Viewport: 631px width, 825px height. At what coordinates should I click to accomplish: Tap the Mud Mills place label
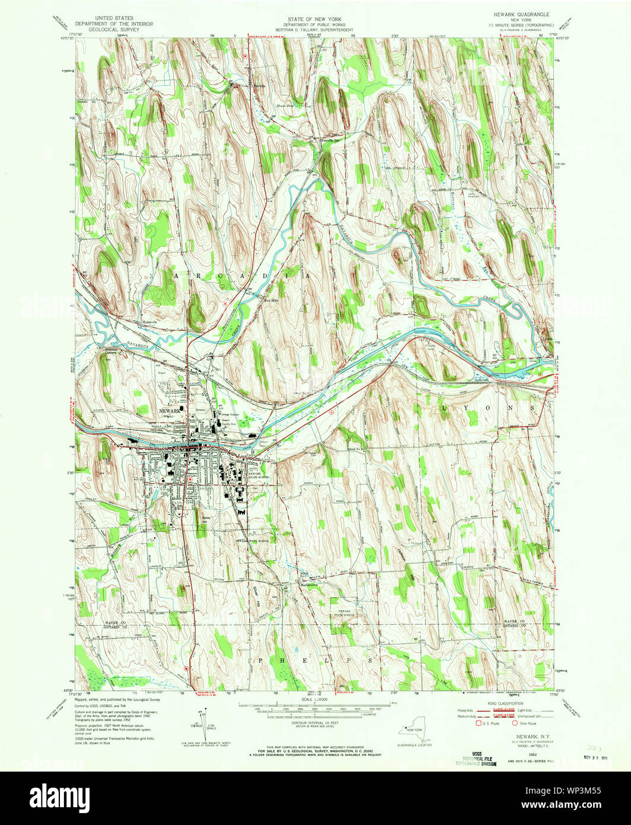coord(271,299)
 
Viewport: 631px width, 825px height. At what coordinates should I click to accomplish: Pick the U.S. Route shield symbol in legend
coord(470,724)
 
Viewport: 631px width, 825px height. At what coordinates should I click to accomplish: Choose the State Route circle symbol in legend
coord(514,724)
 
